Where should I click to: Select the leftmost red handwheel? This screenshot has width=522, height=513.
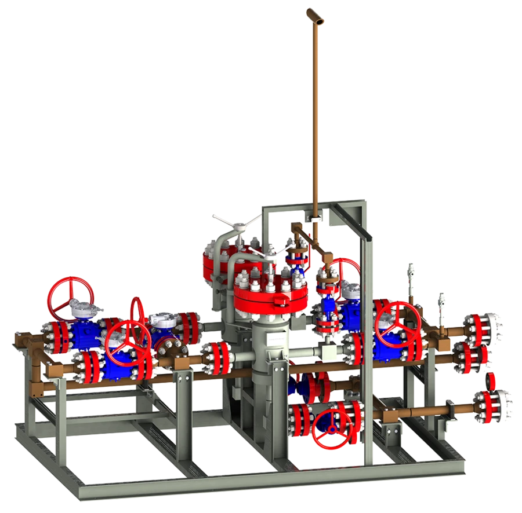coord(67,295)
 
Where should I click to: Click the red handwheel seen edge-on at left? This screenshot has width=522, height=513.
coord(138,318)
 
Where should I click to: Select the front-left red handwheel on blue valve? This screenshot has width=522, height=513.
coord(129,342)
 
